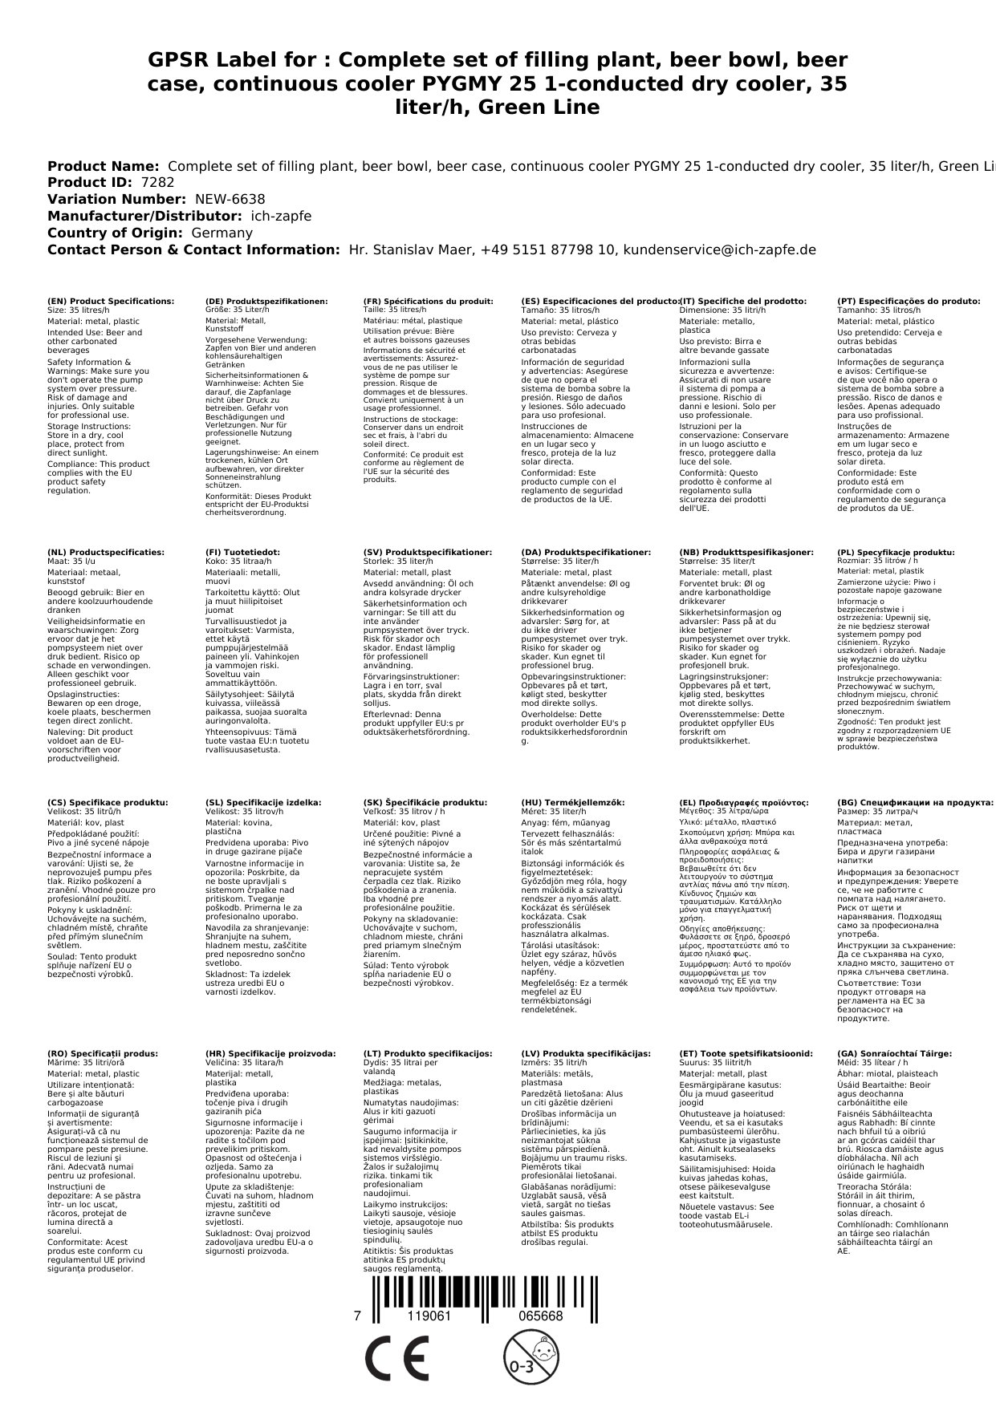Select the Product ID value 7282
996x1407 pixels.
tap(157, 182)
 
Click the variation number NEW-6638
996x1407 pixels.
tap(230, 199)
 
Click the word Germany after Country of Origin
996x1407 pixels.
tap(222, 233)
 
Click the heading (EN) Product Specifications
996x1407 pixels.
tap(111, 302)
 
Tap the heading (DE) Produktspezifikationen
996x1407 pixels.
tap(266, 302)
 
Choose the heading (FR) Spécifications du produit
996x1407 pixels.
tap(428, 302)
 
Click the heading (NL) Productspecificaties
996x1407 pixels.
tap(106, 553)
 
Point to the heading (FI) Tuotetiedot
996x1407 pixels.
tap(242, 553)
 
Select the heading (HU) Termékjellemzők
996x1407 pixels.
tap(572, 802)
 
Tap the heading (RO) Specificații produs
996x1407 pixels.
tap(103, 1053)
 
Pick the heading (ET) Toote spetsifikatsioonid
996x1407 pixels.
tap(746, 1053)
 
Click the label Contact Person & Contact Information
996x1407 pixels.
tap(193, 249)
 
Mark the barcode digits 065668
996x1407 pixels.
tap(540, 1316)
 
